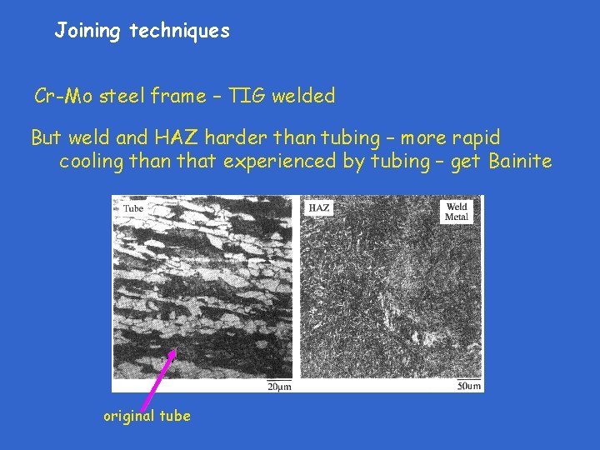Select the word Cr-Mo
tap(63, 97)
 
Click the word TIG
tap(249, 97)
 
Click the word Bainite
tap(520, 161)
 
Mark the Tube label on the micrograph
tap(133, 207)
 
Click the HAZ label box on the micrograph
tap(318, 207)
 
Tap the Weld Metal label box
tap(457, 212)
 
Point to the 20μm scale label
tap(278, 386)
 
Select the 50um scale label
tap(469, 386)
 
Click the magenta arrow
tap(159, 379)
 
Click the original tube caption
tap(147, 416)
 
